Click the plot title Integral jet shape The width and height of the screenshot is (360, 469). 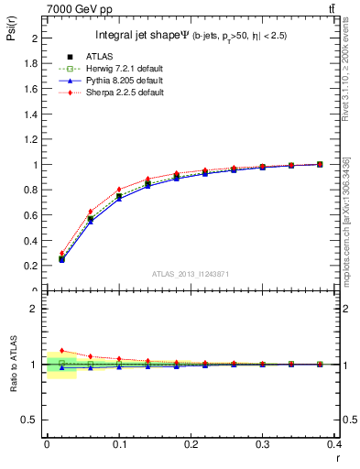tap(141, 37)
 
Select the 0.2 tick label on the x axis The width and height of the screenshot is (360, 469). tap(191, 442)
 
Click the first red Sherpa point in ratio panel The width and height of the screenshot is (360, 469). tap(61, 350)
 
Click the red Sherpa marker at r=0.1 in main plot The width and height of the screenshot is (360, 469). tap(119, 190)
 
